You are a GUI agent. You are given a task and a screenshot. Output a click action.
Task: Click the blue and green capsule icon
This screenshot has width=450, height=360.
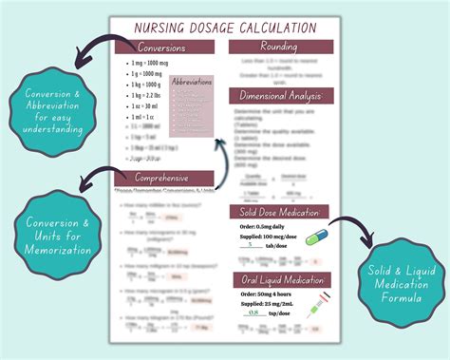coord(315,237)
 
